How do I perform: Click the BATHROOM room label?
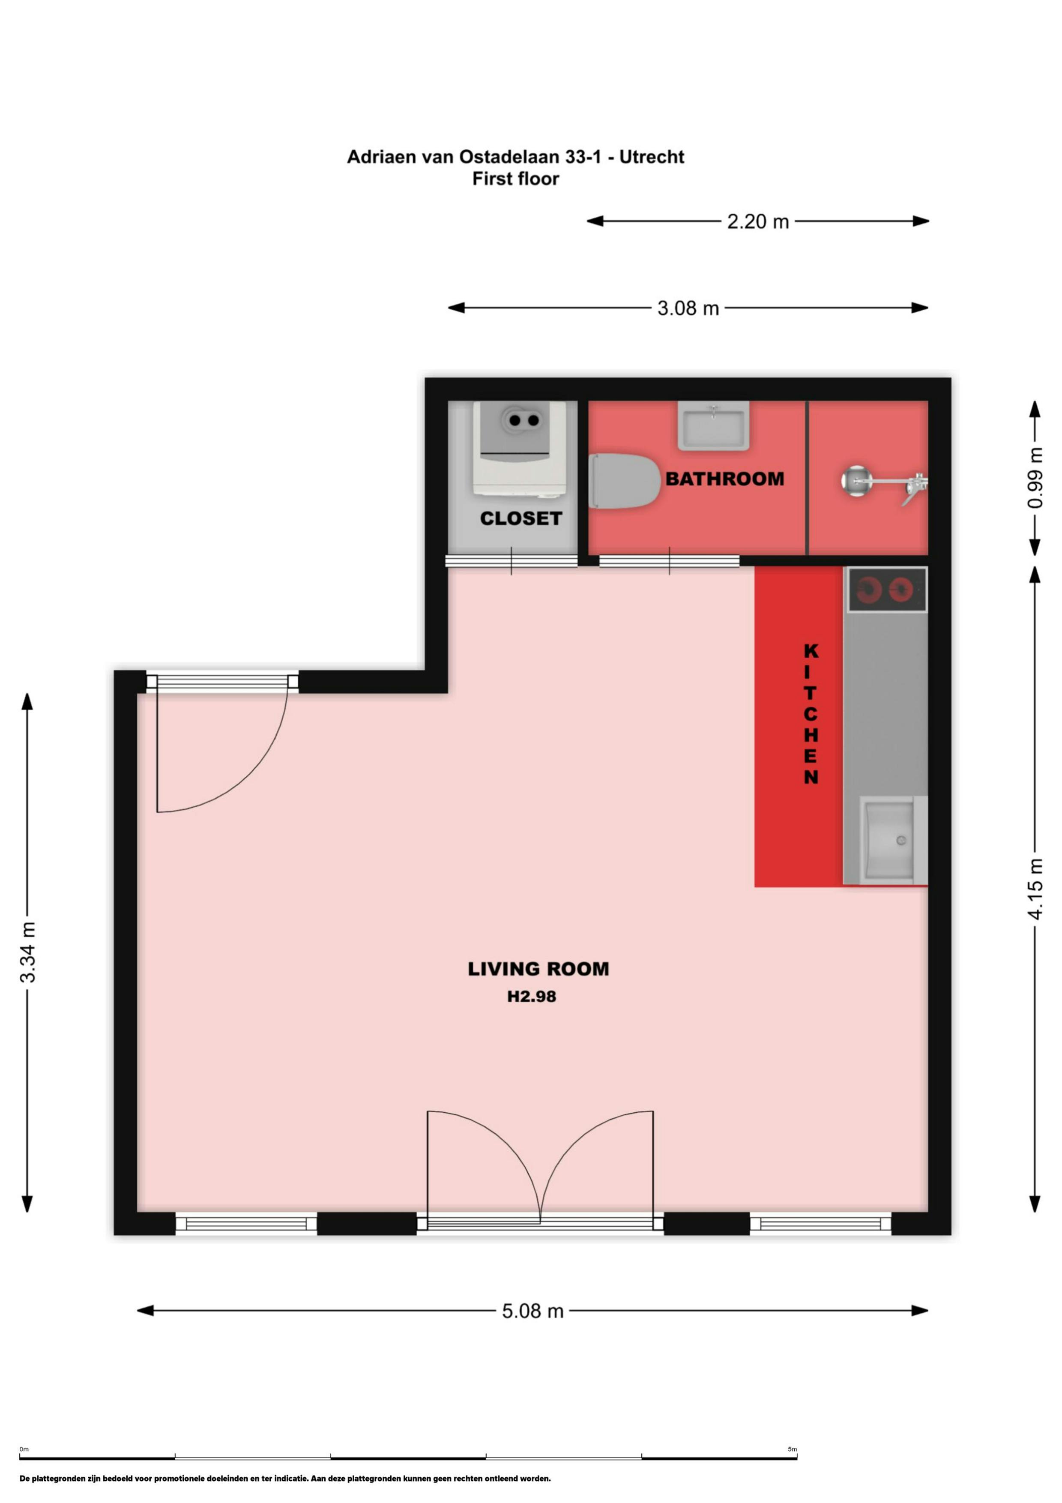(x=724, y=479)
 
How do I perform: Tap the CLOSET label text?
(x=521, y=518)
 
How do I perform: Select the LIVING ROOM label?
(x=538, y=969)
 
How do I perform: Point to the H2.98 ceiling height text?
(x=531, y=996)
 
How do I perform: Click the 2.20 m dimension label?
(x=758, y=222)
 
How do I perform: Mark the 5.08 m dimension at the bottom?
(x=532, y=1311)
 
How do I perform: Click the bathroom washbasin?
(x=713, y=425)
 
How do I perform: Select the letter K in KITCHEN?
(x=811, y=651)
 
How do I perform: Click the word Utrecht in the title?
(x=651, y=157)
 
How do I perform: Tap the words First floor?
(x=516, y=179)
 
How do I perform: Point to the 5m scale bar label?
(x=793, y=1449)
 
